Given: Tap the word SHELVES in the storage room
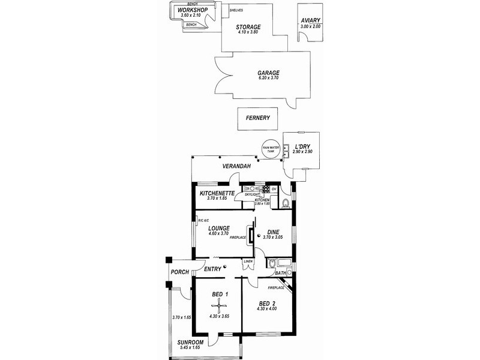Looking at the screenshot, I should [236, 11].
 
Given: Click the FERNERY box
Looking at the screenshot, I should [258, 118].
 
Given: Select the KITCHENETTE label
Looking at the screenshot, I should [216, 193].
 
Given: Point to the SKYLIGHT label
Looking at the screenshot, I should [251, 194].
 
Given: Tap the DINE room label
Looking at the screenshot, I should [273, 229].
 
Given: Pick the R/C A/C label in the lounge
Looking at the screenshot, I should [202, 220].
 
